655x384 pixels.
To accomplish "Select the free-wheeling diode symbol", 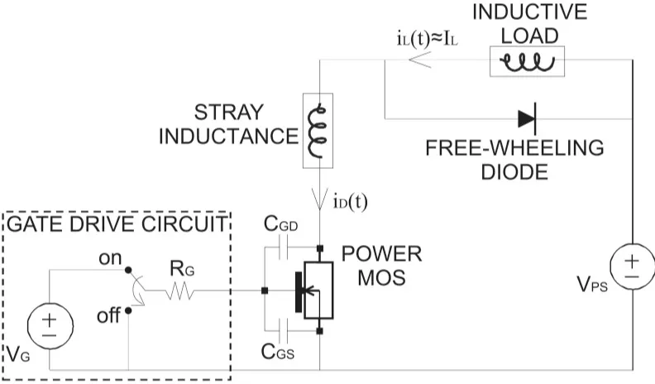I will coord(527,118).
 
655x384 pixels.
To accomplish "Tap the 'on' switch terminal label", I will coord(110,257).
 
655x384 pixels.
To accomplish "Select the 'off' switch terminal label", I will coord(108,315).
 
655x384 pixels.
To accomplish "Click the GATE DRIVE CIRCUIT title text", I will coord(116,223).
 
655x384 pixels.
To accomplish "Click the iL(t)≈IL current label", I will coord(427,39).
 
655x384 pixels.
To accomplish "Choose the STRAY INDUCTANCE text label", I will coord(228,124).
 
